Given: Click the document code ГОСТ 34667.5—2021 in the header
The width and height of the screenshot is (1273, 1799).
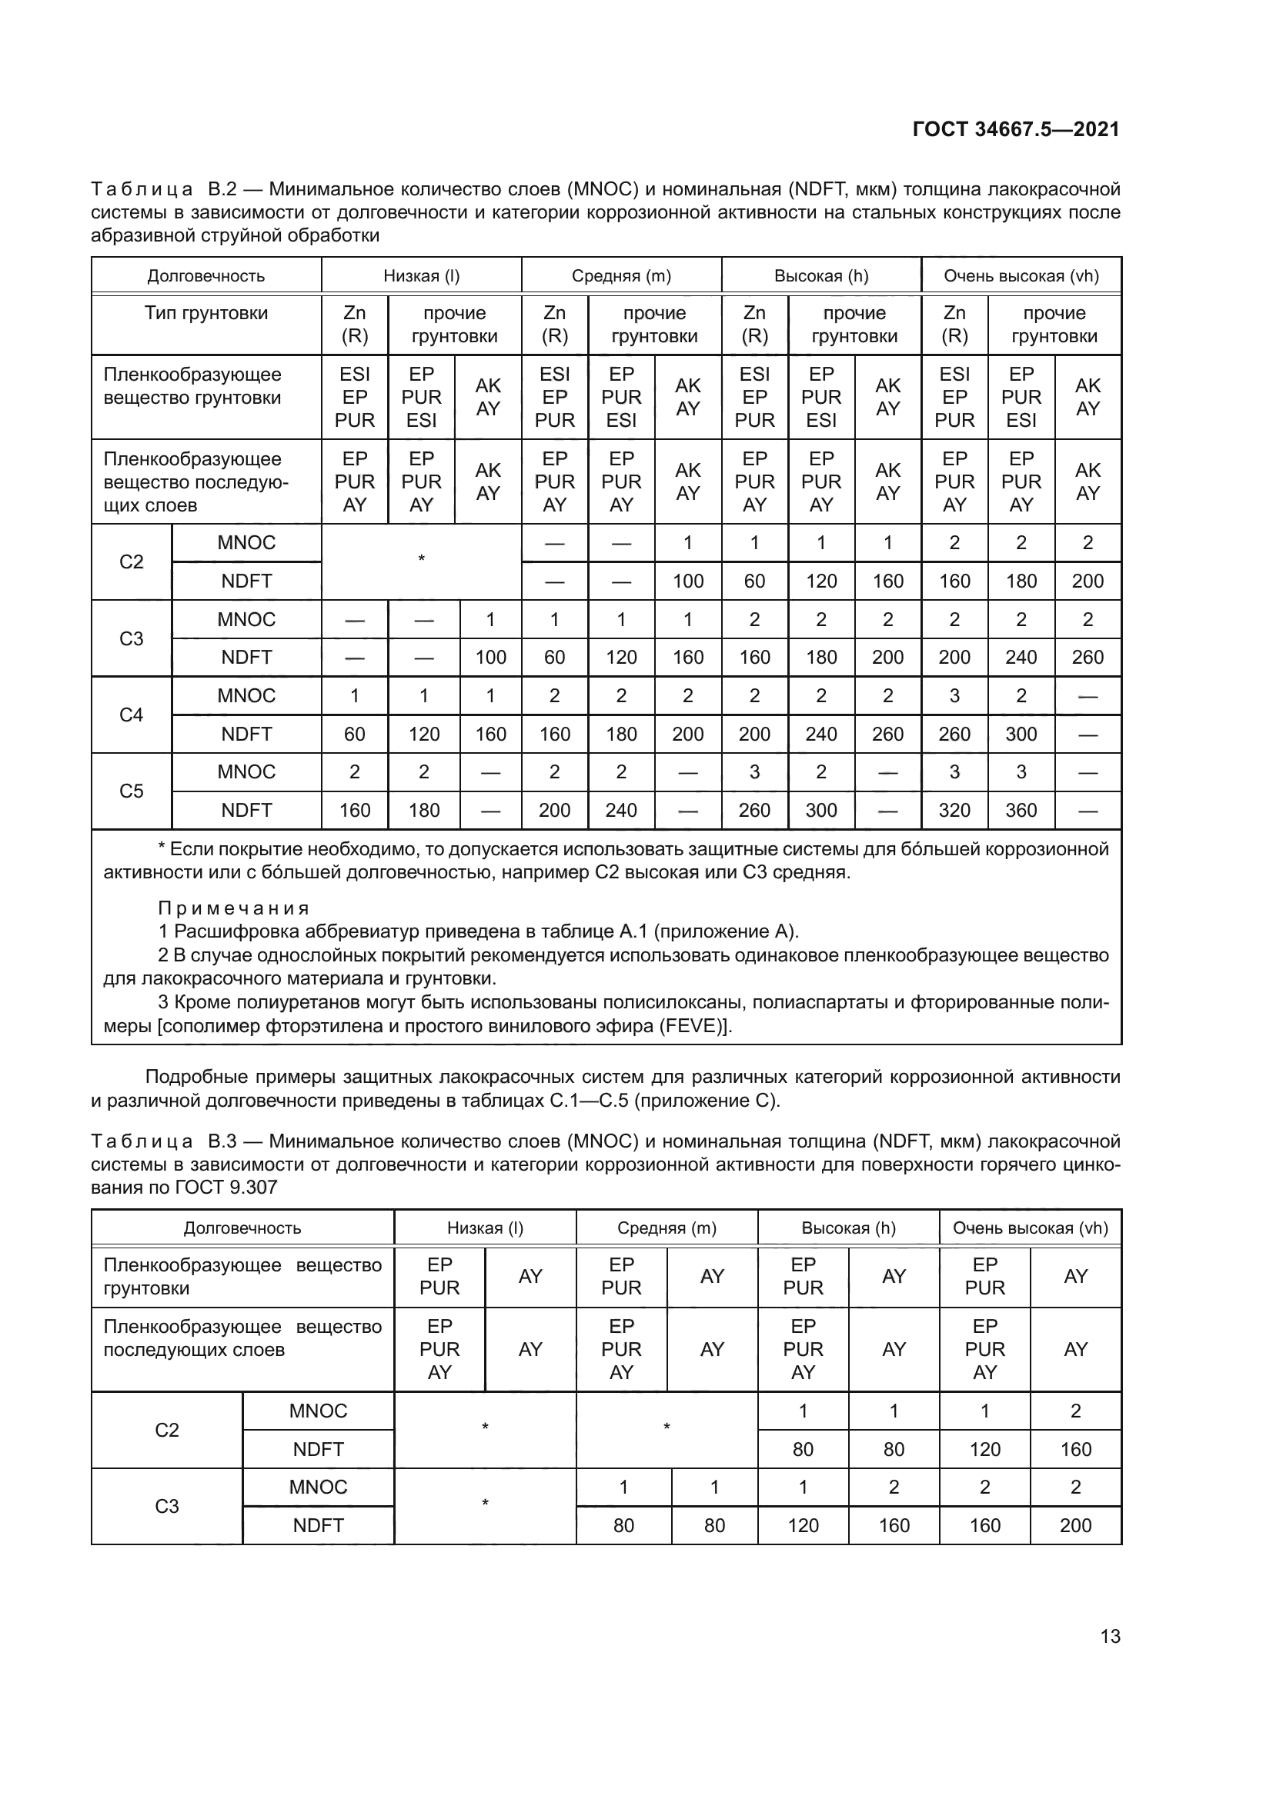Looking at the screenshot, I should (1016, 129).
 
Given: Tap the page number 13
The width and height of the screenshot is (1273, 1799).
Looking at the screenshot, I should (1110, 1637).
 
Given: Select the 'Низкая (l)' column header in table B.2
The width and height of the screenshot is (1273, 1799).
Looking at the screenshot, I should (421, 276).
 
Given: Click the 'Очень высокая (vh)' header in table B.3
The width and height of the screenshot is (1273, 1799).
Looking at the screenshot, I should (1030, 1228).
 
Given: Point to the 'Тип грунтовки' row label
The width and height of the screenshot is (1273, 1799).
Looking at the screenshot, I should (206, 313).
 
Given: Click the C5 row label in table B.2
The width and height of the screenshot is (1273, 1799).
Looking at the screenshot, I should (131, 791).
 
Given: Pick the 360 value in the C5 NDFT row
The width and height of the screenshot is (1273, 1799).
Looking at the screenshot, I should (1021, 810).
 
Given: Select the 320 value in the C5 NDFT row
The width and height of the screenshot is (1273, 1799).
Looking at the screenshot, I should (954, 810).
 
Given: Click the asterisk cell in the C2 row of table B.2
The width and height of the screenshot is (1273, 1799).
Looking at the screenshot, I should (421, 559).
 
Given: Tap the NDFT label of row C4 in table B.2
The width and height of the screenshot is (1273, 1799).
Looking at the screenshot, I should (246, 735).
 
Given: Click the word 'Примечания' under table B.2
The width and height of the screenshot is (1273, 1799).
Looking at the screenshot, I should (234, 908).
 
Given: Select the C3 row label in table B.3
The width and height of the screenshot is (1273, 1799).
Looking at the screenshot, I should (166, 1507).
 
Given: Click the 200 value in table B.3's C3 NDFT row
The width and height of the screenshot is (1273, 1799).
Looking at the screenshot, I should (1074, 1525).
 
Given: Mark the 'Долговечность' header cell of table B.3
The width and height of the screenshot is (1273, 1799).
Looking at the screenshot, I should (242, 1228).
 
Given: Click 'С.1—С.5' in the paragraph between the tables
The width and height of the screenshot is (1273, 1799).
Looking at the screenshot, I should (589, 1101).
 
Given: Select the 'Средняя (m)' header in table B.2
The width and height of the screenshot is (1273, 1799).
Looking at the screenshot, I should (621, 276).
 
